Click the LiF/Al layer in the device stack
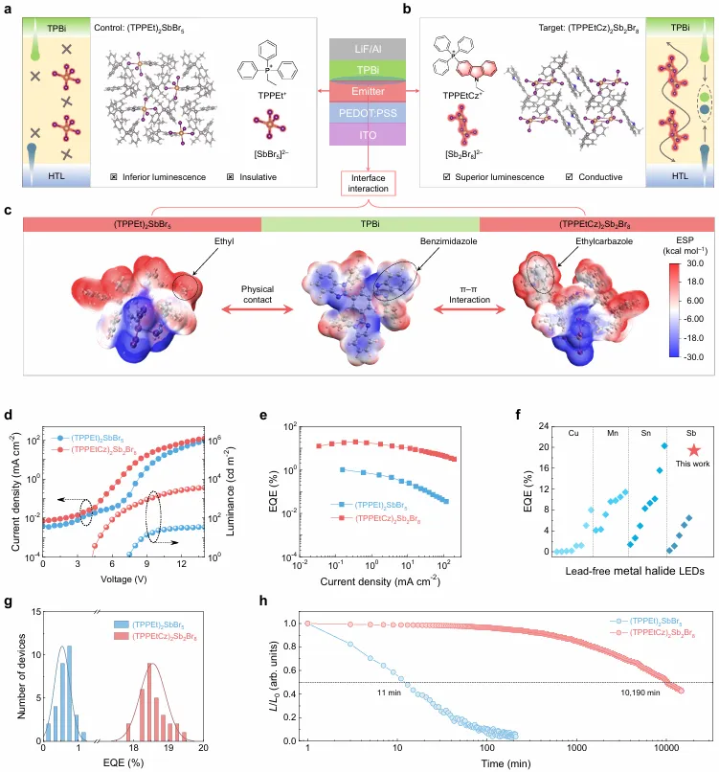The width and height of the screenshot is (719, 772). (x=359, y=48)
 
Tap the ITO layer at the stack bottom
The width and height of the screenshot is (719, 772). (x=359, y=136)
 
